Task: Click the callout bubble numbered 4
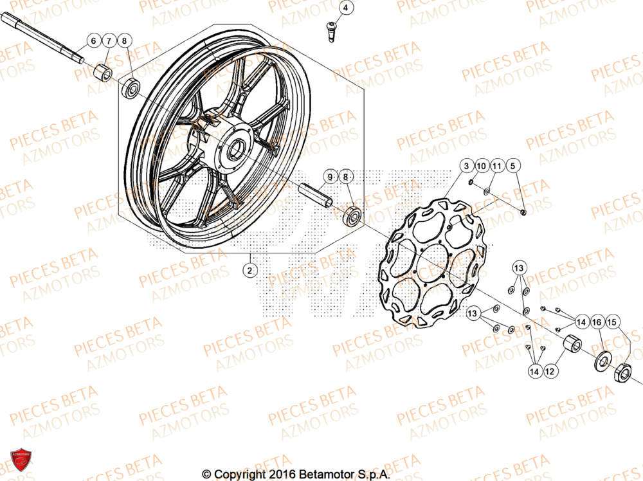[345, 8]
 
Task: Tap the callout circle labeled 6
[93, 41]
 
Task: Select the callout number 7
[109, 41]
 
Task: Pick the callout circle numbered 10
[482, 167]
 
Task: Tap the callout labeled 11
[496, 167]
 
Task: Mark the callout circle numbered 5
[512, 167]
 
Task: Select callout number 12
[550, 371]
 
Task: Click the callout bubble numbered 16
[597, 322]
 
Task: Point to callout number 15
[611, 322]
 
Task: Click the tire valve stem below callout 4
[332, 32]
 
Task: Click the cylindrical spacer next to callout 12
[570, 345]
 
